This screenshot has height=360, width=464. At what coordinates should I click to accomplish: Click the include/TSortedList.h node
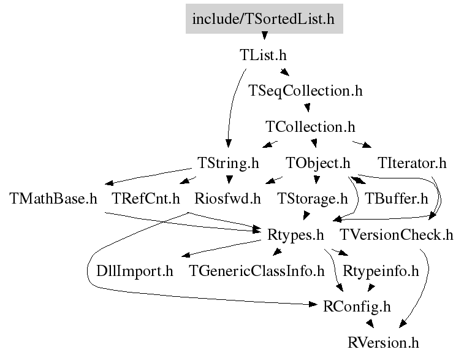[264, 18]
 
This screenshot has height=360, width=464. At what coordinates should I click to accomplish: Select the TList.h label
[263, 55]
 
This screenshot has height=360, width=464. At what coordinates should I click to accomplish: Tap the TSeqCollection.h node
[306, 91]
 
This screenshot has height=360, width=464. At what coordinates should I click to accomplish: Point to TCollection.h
[311, 127]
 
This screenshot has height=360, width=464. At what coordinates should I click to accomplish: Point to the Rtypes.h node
[296, 234]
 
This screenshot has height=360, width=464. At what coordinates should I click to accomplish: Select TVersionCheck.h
[397, 234]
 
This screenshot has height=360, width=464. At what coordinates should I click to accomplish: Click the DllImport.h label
[135, 270]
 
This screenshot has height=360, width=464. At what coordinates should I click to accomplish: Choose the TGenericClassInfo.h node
[257, 270]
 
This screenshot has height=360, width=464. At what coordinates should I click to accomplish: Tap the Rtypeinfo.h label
[381, 270]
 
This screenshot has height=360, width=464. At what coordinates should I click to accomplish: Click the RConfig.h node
[357, 306]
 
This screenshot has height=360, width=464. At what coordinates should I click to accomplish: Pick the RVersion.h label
[384, 342]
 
